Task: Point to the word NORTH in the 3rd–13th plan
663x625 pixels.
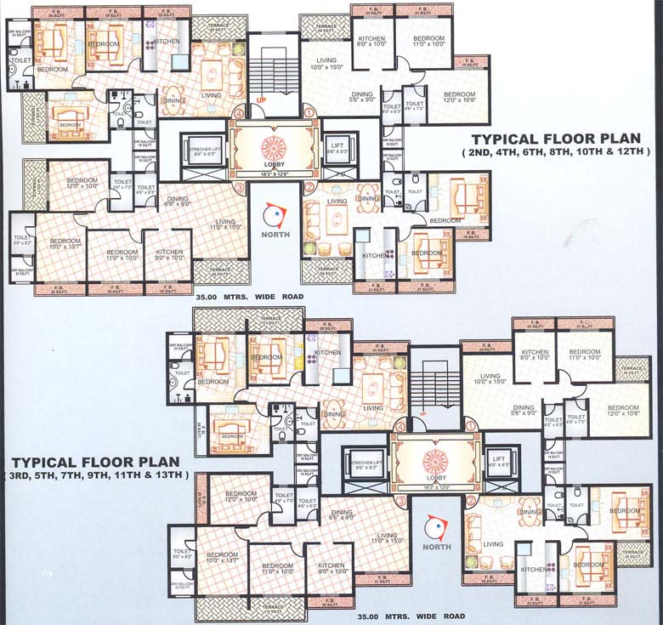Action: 437,547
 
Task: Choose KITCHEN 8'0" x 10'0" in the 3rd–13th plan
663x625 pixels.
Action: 535,355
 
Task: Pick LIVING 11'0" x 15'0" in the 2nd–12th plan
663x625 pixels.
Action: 216,224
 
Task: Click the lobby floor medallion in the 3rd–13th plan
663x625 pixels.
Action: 435,459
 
